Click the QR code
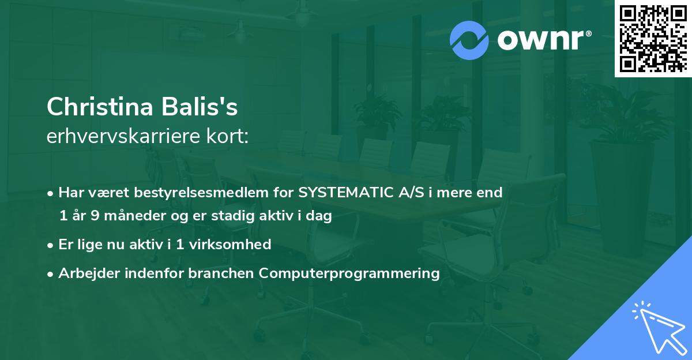pyautogui.click(x=653, y=39)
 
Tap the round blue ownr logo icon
pyautogui.click(x=469, y=40)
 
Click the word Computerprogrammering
pyautogui.click(x=349, y=273)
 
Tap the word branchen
pyautogui.click(x=223, y=273)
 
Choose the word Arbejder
pyautogui.click(x=85, y=273)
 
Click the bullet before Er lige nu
pyautogui.click(x=51, y=245)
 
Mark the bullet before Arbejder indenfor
pyautogui.click(x=51, y=273)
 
